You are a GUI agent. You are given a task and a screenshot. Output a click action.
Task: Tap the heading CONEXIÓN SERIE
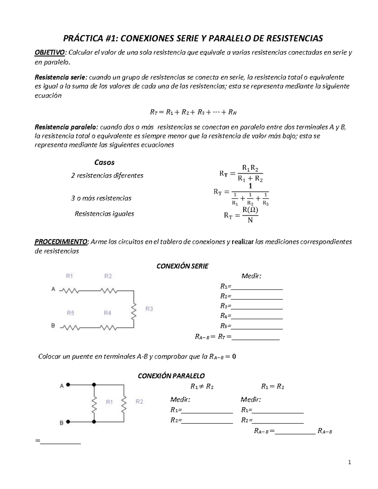click(182, 266)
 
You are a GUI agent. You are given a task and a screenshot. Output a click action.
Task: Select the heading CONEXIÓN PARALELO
click(171, 376)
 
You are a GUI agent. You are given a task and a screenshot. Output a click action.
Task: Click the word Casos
click(104, 162)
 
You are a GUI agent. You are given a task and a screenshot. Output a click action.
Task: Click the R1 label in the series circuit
click(69, 276)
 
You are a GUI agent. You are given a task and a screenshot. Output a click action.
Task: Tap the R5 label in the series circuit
click(71, 313)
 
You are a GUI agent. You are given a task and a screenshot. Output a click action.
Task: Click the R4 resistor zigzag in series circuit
click(108, 328)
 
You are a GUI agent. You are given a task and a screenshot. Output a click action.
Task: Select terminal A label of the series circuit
click(53, 289)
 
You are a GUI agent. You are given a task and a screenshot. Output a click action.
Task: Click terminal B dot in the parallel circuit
click(68, 421)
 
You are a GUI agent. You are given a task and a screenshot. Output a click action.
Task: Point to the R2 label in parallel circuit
click(139, 401)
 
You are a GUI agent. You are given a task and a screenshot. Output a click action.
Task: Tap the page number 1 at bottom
click(349, 462)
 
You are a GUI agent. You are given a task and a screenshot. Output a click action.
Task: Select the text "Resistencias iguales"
click(104, 214)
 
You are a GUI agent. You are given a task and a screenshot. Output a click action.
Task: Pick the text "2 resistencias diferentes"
click(107, 175)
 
